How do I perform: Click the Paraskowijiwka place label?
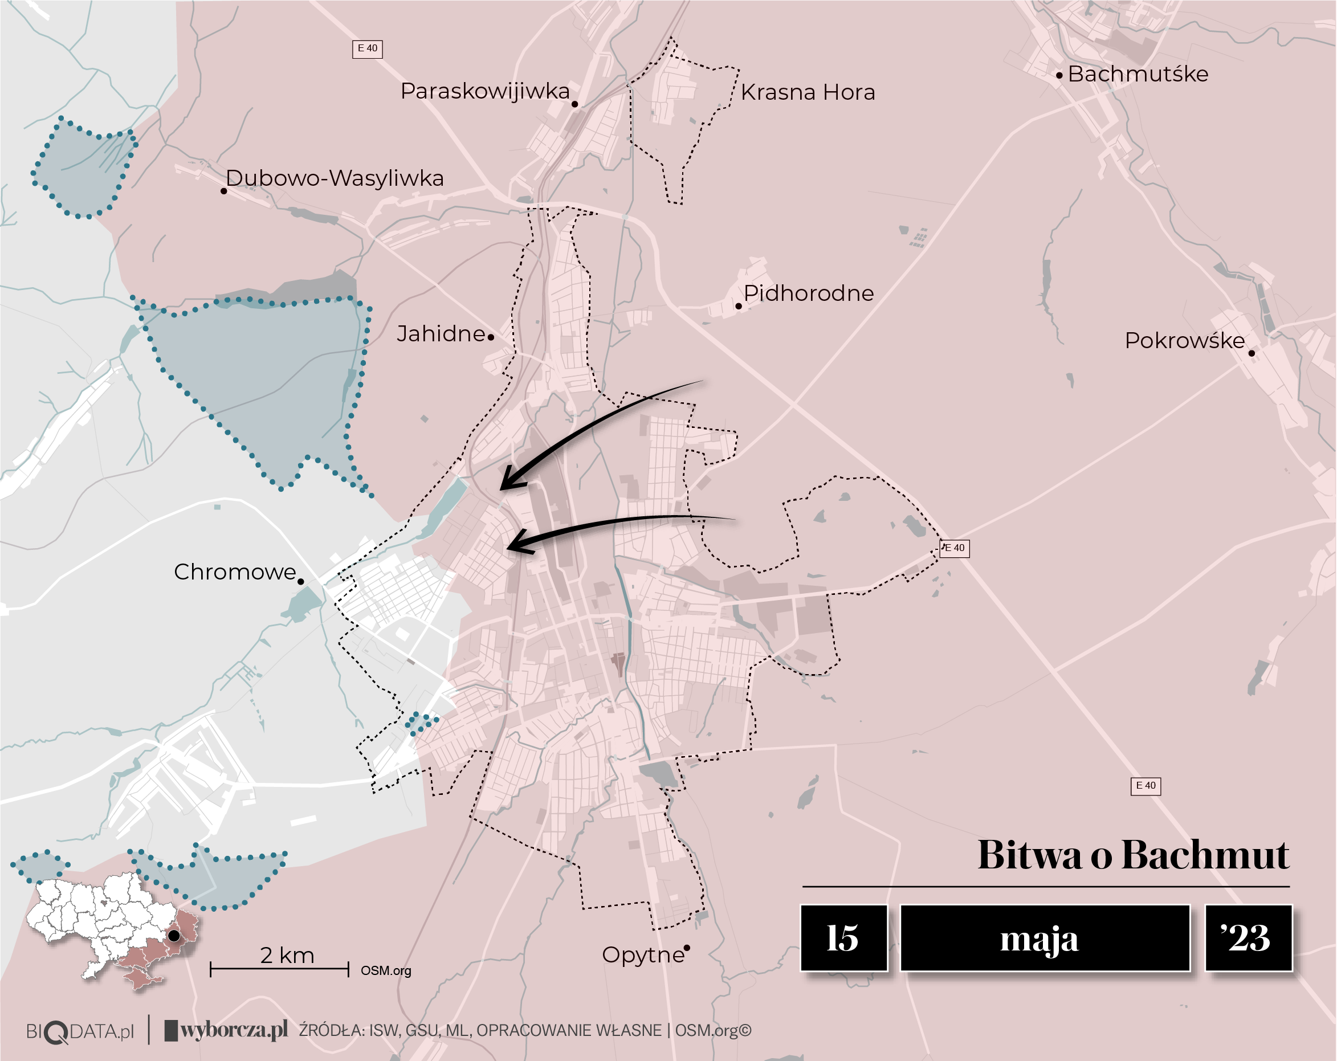(485, 91)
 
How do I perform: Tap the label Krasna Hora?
(808, 92)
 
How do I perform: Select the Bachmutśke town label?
(1138, 75)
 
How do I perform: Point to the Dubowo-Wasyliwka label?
(334, 178)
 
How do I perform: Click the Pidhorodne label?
(808, 293)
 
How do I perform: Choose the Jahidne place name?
(441, 334)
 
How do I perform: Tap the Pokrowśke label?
(1184, 341)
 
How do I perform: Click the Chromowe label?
(235, 572)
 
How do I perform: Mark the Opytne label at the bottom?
(642, 955)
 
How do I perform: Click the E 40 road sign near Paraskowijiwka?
(367, 49)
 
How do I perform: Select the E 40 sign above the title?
(1146, 786)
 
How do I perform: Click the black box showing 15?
(843, 937)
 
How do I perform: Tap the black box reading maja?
(1044, 937)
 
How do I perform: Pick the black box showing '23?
(1248, 937)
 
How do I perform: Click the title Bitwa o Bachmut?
(1133, 855)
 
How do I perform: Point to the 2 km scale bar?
(280, 968)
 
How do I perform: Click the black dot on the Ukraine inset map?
(174, 935)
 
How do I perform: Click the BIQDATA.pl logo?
(80, 1032)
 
